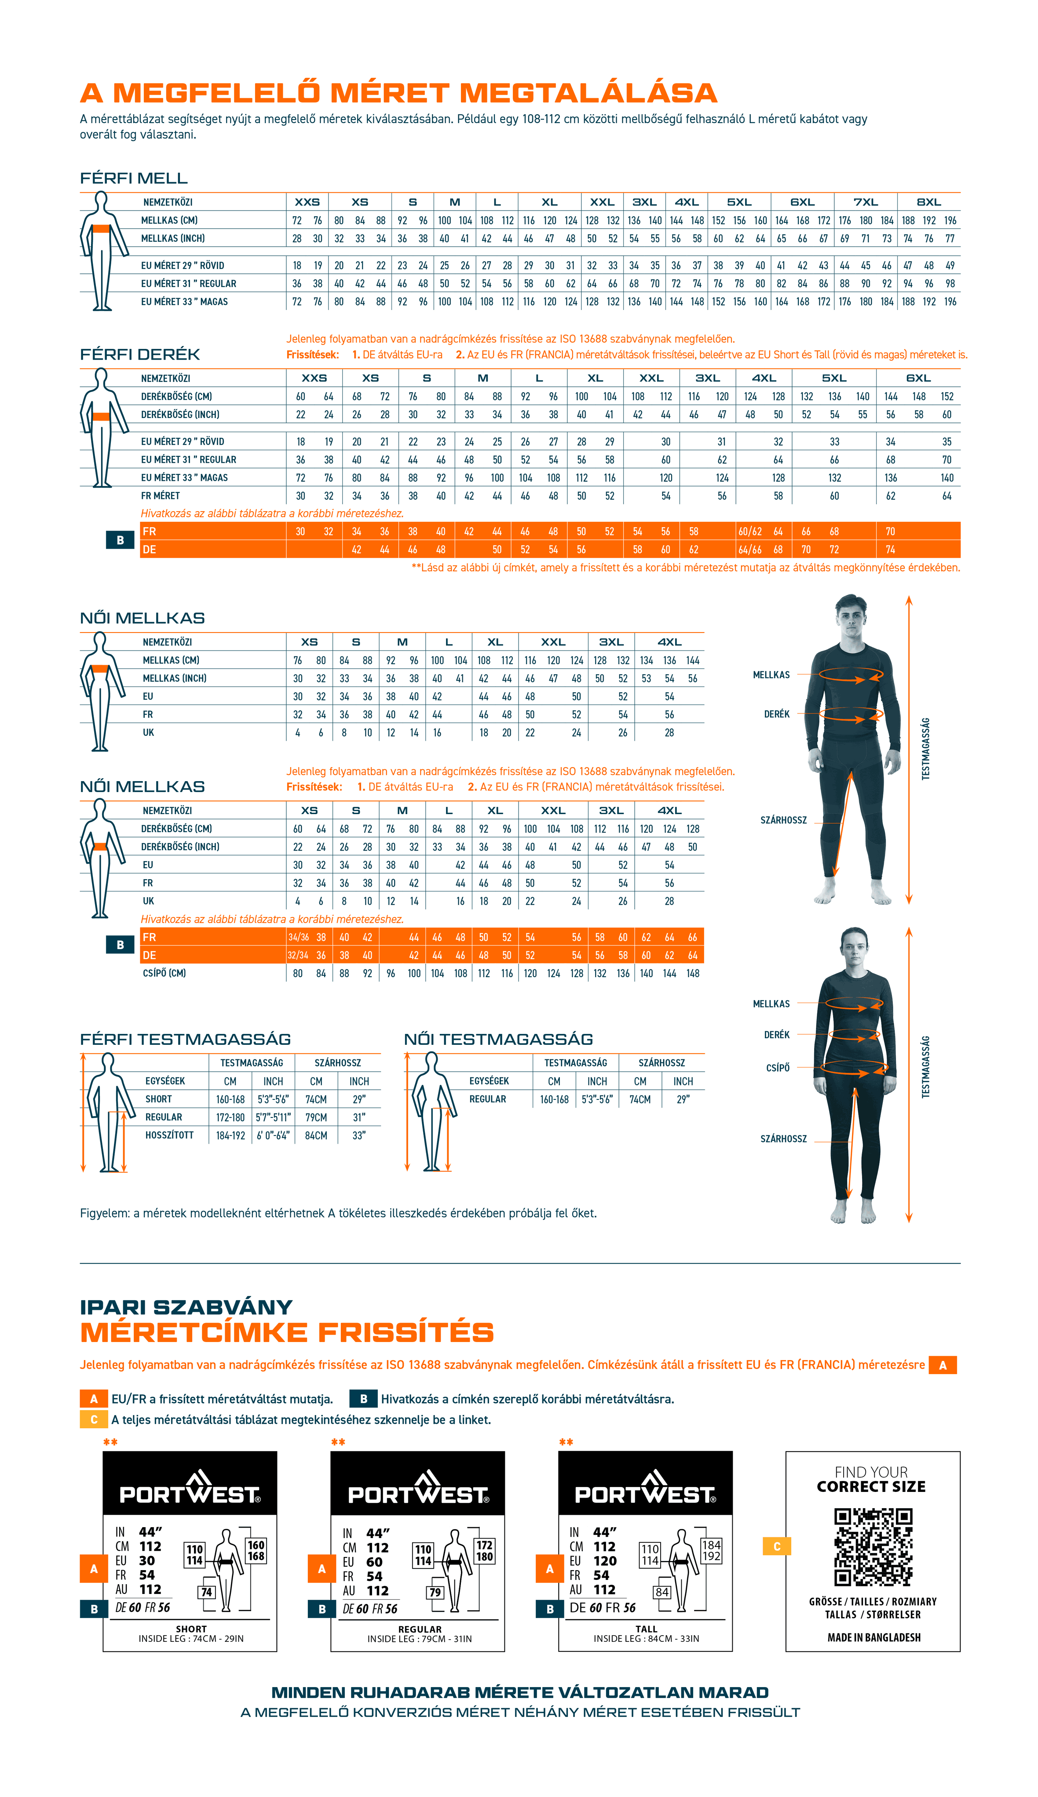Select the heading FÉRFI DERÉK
tap(140, 354)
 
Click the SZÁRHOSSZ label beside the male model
tap(783, 820)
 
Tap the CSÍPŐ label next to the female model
tap(778, 1067)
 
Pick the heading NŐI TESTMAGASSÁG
tap(498, 1039)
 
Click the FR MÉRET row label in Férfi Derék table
tap(161, 496)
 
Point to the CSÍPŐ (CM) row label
tap(164, 973)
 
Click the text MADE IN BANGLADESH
tap(874, 1637)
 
